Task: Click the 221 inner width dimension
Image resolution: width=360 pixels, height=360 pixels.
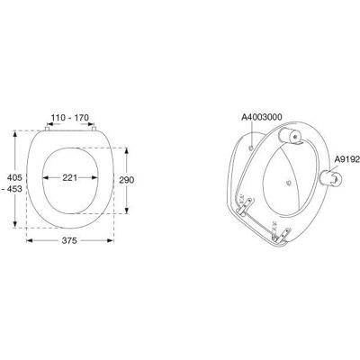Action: pos(70,177)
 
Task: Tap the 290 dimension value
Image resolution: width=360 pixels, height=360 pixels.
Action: pos(127,180)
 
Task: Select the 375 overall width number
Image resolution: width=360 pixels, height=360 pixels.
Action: pos(69,240)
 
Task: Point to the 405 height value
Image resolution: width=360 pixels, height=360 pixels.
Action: pos(15,177)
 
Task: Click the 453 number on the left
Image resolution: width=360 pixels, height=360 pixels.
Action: pos(15,189)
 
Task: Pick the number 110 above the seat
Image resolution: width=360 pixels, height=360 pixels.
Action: pos(58,118)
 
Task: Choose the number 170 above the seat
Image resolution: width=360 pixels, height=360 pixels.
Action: pos(82,118)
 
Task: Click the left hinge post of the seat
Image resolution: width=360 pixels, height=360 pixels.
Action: pos(47,129)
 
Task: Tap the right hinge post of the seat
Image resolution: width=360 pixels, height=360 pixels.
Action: pos(94,129)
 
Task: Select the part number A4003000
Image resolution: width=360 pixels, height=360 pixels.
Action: pos(262,117)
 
